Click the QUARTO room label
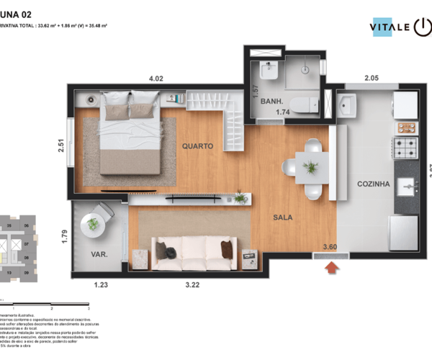click(197, 145)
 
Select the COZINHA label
click(374, 184)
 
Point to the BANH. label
click(271, 102)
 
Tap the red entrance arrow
click(332, 268)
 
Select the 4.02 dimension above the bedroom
click(156, 78)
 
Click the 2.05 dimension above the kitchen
click(372, 78)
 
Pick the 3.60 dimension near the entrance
click(330, 247)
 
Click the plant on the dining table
click(311, 167)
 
